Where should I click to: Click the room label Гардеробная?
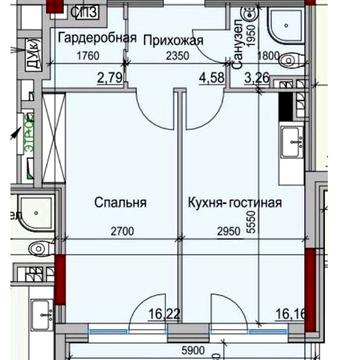click(x=91, y=40)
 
